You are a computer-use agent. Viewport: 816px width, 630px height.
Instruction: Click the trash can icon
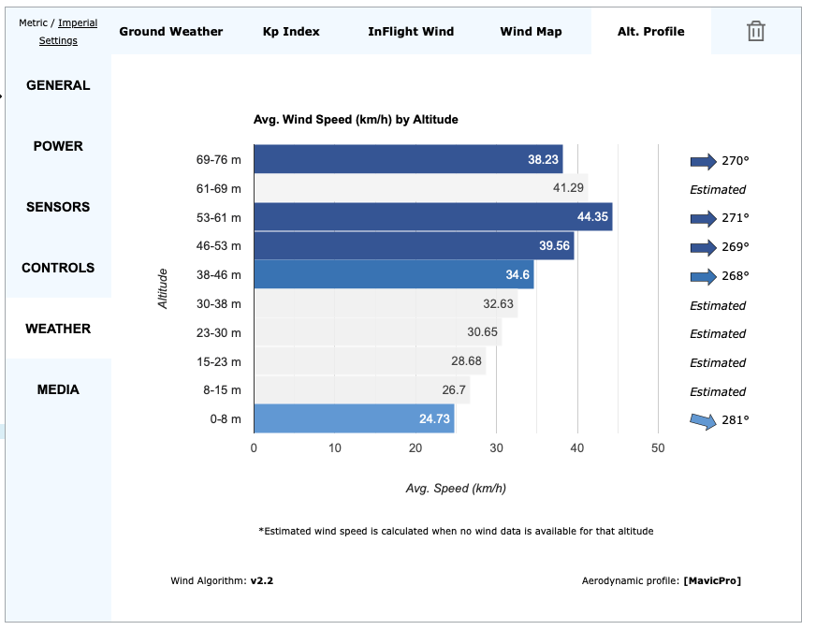pos(756,32)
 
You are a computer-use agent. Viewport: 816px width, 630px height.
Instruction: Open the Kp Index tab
pos(291,32)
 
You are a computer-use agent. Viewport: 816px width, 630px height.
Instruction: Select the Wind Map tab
pos(531,32)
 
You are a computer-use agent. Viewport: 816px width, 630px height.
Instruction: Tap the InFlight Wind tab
pos(411,32)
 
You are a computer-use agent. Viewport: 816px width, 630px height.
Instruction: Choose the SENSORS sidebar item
pos(58,207)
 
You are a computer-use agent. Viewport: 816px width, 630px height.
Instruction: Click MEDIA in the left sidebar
pos(58,389)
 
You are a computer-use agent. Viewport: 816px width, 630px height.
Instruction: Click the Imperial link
pos(78,23)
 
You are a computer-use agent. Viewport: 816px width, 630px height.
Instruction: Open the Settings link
pos(58,41)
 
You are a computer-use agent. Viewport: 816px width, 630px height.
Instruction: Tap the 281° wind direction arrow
pos(704,419)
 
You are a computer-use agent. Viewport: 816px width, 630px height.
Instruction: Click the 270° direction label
pos(736,161)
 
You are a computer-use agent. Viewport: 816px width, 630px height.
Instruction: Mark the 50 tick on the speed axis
pos(658,448)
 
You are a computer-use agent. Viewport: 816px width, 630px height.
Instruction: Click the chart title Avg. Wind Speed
pos(356,120)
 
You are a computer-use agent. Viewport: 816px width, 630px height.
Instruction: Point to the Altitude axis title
pos(163,288)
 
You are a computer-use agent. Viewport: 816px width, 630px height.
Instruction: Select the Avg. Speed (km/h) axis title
pos(456,489)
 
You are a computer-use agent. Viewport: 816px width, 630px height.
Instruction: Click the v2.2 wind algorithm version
pos(262,580)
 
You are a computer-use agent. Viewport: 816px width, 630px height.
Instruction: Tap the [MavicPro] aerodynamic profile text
pos(712,580)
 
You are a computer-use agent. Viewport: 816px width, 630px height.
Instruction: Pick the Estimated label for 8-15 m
pos(718,391)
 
